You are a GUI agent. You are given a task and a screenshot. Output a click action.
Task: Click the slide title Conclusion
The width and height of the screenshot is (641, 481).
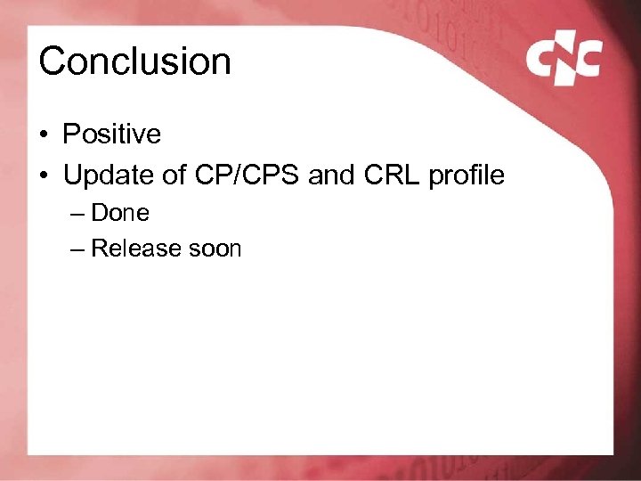pos(134,61)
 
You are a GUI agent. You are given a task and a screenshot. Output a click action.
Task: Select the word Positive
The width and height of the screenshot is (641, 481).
pos(111,135)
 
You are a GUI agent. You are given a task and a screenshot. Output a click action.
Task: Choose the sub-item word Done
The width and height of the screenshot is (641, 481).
pos(120,213)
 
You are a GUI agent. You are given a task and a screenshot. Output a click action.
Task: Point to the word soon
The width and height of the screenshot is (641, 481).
pos(214,249)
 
